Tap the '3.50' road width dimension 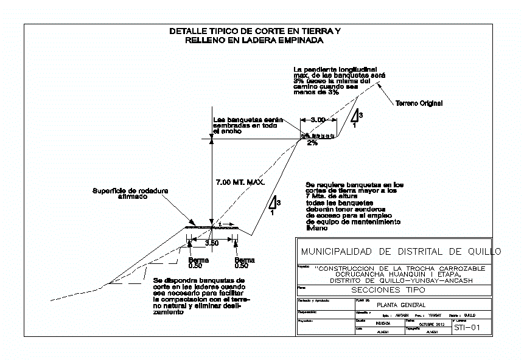212,243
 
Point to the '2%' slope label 312,143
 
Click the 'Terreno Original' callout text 419,103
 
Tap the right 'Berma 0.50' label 245,262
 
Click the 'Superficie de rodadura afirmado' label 130,193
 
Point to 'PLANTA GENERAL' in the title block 402,305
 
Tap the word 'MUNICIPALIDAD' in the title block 337,252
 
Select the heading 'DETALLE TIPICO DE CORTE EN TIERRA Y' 254,31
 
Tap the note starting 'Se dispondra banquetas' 202,296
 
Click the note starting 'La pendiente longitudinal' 336,80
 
